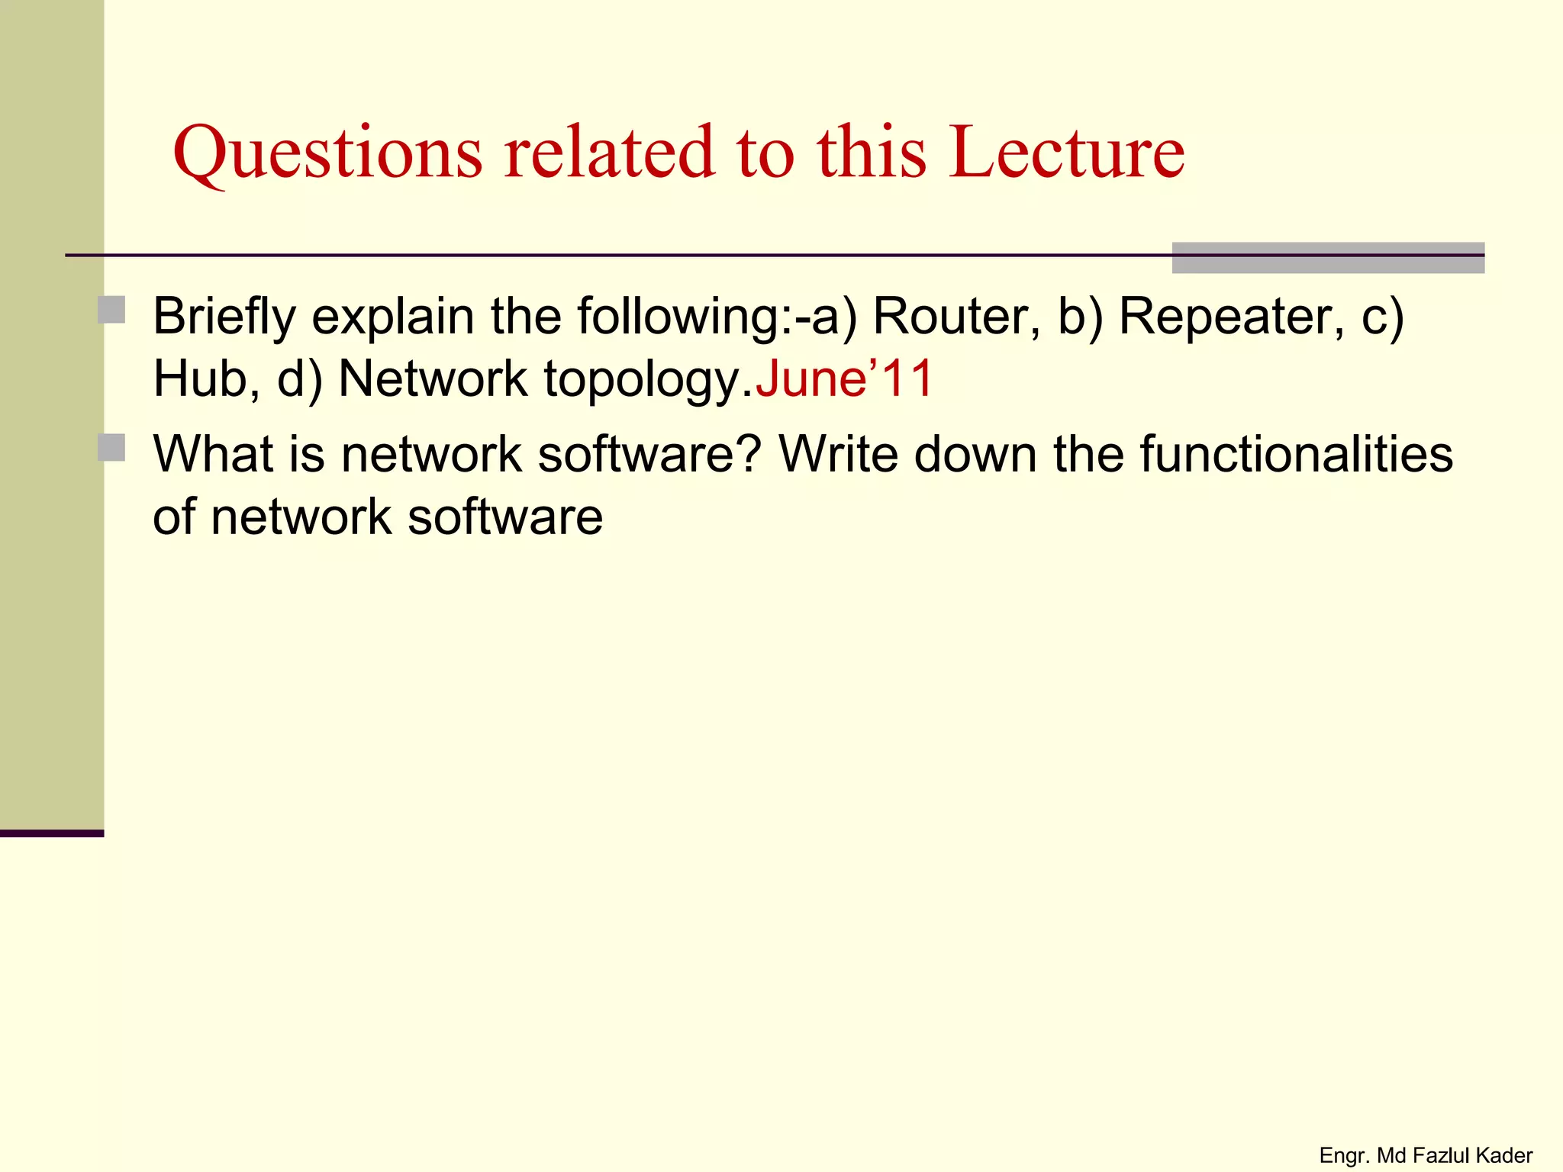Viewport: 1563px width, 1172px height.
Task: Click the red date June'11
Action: tap(843, 378)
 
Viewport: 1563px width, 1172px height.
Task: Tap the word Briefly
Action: tap(224, 317)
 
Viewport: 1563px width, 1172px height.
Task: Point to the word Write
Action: tap(838, 455)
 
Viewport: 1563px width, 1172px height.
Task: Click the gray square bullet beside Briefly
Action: tap(112, 311)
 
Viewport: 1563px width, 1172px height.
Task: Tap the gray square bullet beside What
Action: tap(112, 448)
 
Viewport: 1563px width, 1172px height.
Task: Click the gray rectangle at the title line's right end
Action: tap(1328, 258)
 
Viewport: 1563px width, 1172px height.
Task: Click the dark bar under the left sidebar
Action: tap(52, 833)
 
